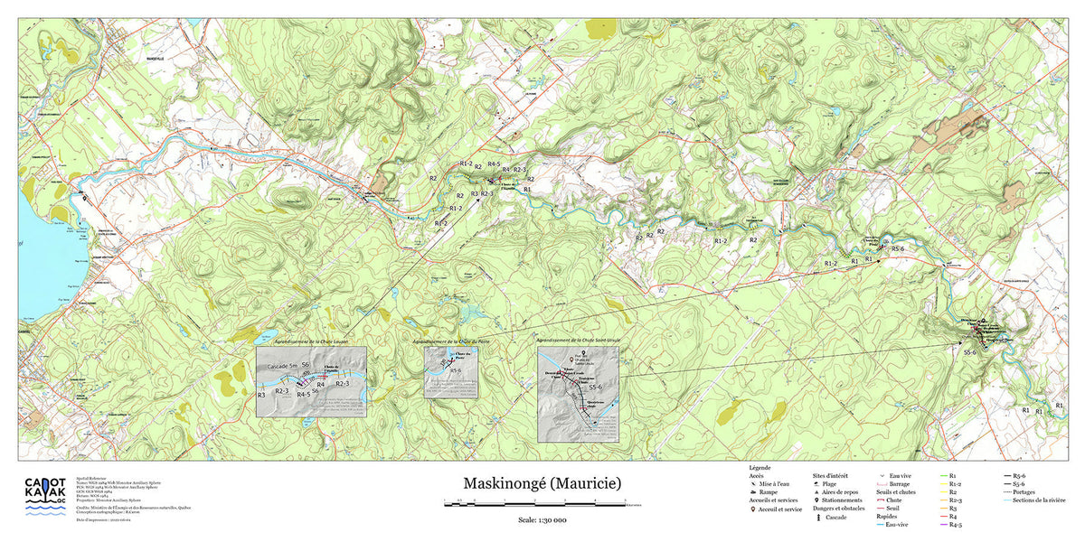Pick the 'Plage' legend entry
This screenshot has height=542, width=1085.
click(829, 483)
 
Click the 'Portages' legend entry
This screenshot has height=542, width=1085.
click(1024, 491)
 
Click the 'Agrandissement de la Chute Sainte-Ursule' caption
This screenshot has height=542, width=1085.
click(582, 341)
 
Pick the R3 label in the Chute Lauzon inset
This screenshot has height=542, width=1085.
click(261, 396)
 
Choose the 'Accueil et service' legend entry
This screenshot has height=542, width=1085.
click(777, 509)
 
